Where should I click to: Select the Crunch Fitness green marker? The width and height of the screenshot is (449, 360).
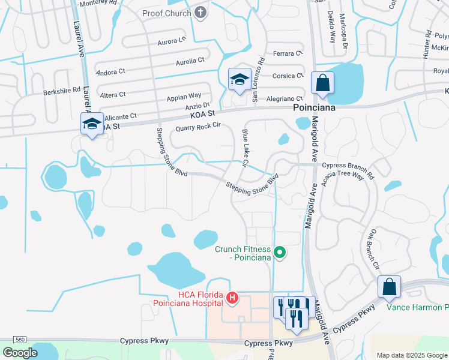click(x=279, y=253)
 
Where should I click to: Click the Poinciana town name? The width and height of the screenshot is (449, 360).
click(x=313, y=108)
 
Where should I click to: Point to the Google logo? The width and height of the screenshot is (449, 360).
click(x=20, y=352)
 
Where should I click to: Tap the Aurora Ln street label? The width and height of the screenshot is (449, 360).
click(x=172, y=41)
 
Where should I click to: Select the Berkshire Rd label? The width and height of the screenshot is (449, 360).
click(x=62, y=91)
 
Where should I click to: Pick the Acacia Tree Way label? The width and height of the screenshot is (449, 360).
click(x=343, y=175)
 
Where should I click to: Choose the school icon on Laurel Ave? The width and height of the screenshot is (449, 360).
click(x=92, y=124)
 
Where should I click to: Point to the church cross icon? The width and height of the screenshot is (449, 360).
click(x=200, y=13)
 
